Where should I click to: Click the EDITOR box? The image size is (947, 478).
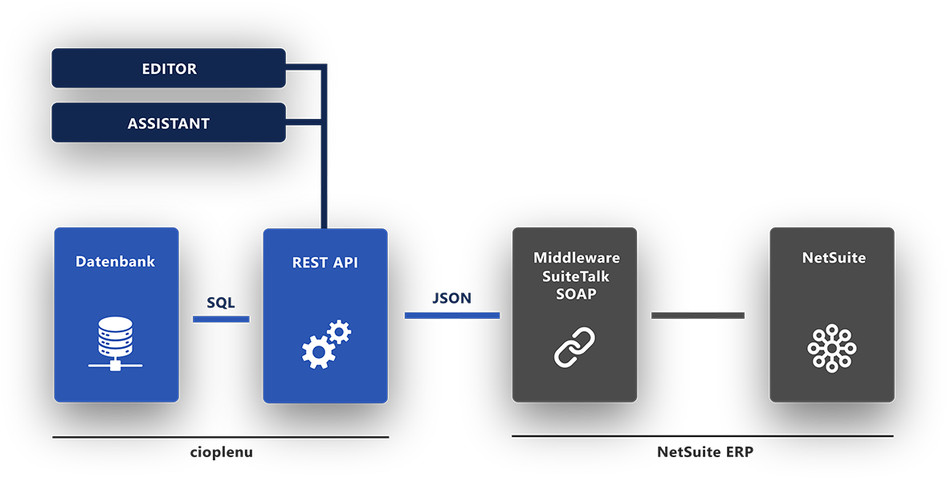point(169,68)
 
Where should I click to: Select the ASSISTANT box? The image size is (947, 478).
point(169,123)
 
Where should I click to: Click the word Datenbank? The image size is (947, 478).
point(116,261)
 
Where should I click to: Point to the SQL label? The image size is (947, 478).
point(221,302)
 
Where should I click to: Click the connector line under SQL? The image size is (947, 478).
point(221,319)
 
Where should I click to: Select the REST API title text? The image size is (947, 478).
point(325,262)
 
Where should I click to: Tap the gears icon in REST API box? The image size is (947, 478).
point(326,344)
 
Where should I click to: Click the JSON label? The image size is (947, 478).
point(452,298)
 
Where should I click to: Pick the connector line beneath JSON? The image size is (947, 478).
point(452,315)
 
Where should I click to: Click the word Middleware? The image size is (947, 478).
point(576,258)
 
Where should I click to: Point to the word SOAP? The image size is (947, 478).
point(576,294)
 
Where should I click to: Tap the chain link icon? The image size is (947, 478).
point(575,347)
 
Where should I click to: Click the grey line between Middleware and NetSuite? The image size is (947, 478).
point(697,315)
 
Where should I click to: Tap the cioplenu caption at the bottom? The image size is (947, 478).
point(221,452)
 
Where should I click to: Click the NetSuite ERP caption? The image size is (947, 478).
point(704,452)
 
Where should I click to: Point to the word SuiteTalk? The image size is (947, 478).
point(576,276)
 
